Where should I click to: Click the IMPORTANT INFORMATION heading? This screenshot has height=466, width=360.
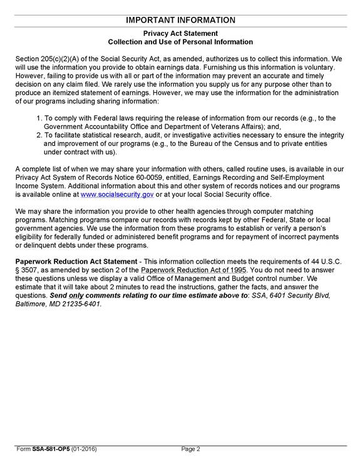click(180, 20)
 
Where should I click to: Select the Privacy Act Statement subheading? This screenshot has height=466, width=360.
click(180, 33)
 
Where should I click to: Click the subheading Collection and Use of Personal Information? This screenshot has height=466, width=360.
click(180, 42)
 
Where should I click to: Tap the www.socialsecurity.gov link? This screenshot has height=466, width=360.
click(117, 194)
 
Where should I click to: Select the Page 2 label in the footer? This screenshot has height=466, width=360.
click(190, 449)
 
